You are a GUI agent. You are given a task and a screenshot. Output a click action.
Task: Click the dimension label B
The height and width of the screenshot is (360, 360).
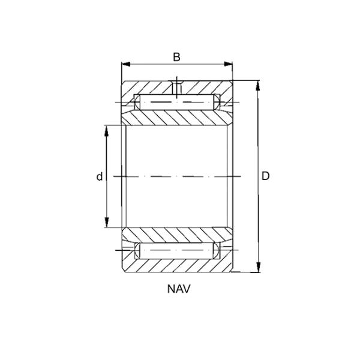tap(176, 57)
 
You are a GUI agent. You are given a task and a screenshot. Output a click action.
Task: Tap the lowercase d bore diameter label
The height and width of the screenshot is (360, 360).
tap(100, 176)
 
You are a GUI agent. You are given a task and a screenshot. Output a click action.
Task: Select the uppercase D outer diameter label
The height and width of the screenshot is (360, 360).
tap(266, 176)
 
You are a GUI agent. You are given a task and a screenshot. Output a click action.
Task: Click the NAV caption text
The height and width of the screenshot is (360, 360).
tap(179, 289)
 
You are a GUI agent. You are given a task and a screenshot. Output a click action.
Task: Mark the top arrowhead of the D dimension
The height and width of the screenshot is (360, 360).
tap(259, 85)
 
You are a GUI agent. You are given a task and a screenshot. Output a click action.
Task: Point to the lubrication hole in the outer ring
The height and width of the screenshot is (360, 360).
tap(177, 88)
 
